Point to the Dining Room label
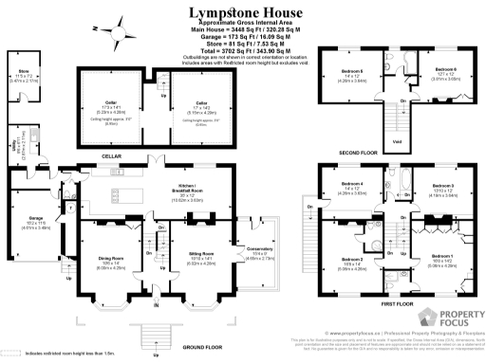[111, 257]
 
